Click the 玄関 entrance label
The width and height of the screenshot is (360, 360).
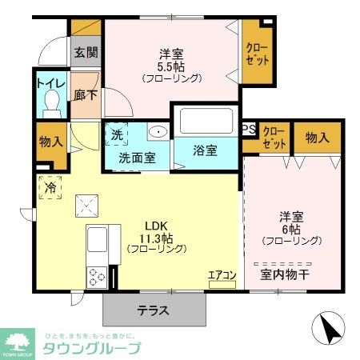[x=86, y=53]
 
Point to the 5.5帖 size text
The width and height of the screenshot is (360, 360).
[x=171, y=67]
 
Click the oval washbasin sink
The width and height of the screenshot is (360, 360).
[x=158, y=133]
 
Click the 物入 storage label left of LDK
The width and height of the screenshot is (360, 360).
[x=50, y=143]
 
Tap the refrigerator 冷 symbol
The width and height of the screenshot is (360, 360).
[x=50, y=188]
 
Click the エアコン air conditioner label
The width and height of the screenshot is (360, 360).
[x=222, y=276]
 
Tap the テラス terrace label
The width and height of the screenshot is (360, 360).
[x=152, y=311]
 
